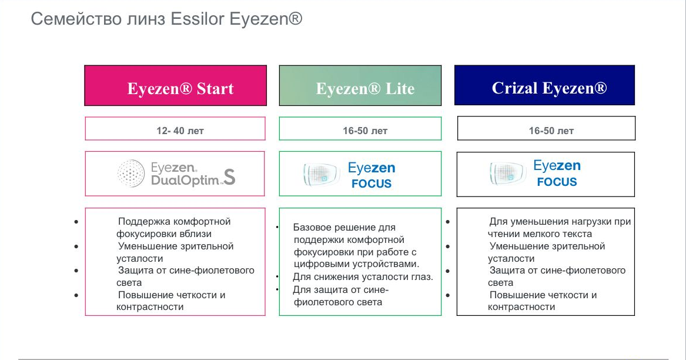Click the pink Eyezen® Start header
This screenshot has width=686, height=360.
(175, 85)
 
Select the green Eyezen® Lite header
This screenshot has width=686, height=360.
(360, 85)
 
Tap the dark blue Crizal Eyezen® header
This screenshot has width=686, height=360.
(545, 85)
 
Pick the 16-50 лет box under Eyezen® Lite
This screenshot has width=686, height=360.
(360, 128)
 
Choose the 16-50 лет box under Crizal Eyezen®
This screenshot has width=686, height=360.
(547, 128)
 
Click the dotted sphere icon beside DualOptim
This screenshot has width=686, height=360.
(131, 174)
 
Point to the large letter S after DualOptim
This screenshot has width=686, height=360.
(229, 176)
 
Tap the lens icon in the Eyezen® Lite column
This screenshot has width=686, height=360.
(321, 174)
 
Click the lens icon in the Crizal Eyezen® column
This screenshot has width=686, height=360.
(507, 172)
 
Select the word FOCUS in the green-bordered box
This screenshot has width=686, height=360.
(372, 184)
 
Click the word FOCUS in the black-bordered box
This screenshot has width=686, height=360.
(557, 182)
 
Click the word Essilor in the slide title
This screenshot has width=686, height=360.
(198, 19)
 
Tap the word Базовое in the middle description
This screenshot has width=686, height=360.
(313, 227)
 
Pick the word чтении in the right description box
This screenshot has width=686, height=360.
(502, 234)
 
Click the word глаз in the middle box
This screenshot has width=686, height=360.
(422, 277)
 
